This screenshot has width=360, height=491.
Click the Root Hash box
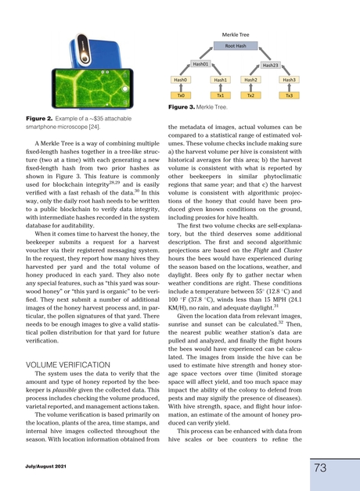[236, 46]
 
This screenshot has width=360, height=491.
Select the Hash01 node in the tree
[201, 64]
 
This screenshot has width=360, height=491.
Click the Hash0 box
[182, 80]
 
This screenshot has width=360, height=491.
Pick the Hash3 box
[290, 80]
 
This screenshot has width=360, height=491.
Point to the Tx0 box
[182, 95]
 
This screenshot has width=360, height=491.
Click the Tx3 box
[290, 95]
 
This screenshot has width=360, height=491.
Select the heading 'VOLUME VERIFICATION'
[69, 364]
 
